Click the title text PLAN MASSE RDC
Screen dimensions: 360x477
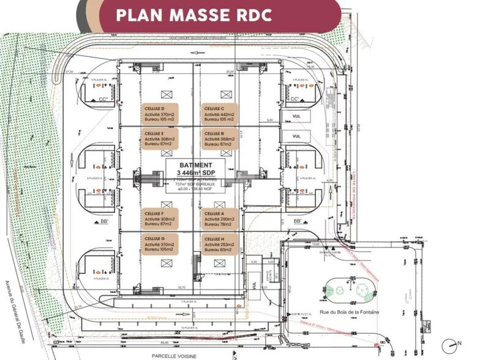[x=193, y=15]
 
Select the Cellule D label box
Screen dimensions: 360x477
[x=160, y=114]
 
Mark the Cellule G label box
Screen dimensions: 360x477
[x=160, y=244]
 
